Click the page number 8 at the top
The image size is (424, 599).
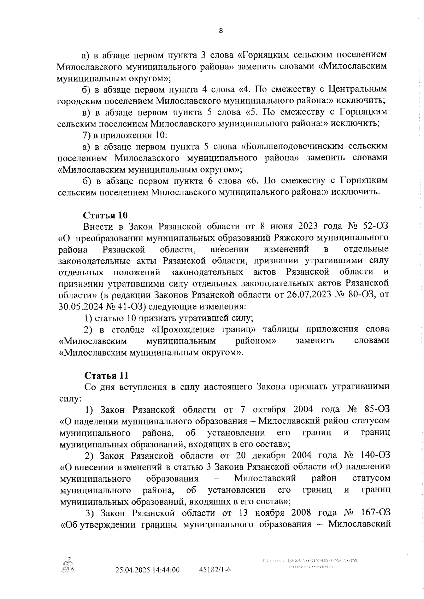(221, 31)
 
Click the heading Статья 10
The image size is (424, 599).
(105, 215)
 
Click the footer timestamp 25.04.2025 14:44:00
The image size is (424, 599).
(148, 570)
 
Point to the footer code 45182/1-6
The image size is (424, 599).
(214, 570)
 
